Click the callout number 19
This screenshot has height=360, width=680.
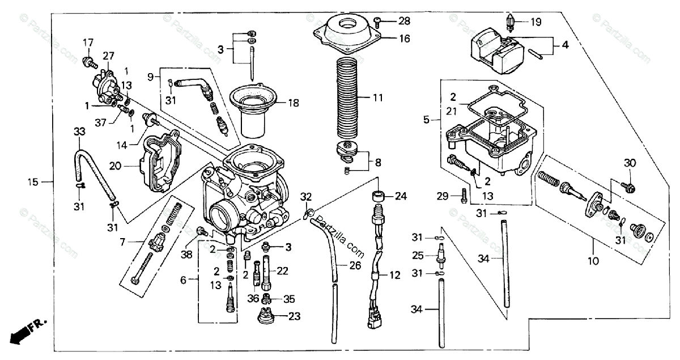[535, 23]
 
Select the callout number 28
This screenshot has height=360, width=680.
[403, 22]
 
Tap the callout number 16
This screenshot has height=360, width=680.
[403, 39]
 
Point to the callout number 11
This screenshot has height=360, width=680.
[377, 98]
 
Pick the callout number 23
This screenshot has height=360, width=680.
[294, 316]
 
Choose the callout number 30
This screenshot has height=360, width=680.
[630, 163]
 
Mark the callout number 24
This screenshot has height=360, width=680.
[401, 197]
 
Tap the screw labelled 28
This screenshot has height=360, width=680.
[379, 22]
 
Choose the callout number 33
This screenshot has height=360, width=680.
[79, 132]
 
